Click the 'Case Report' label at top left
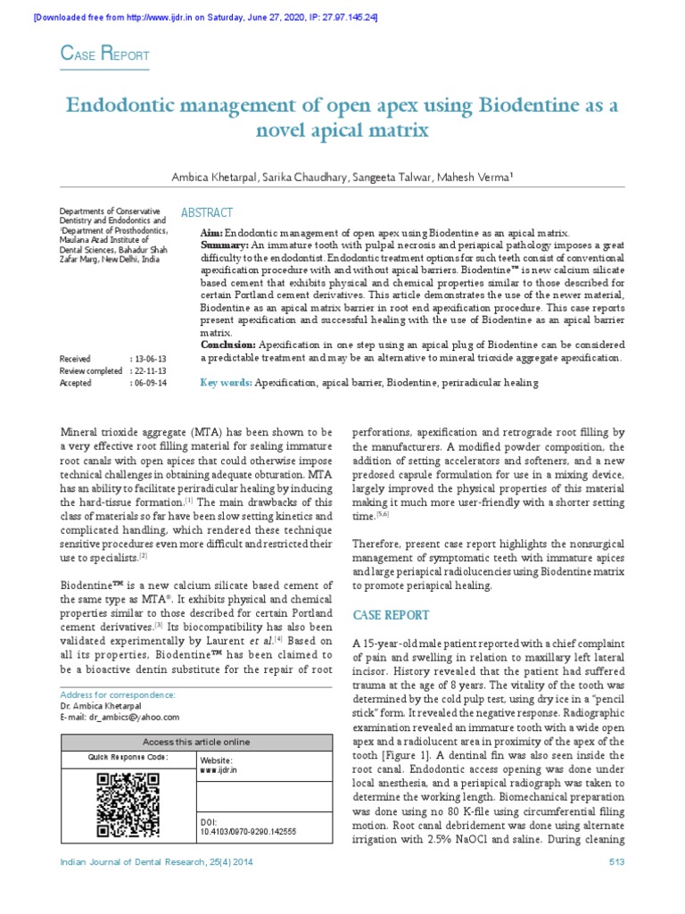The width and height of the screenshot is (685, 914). [103, 55]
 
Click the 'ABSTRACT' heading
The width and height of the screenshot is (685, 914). [207, 212]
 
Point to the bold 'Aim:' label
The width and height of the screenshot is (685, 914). [212, 231]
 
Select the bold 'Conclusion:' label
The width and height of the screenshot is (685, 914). [229, 345]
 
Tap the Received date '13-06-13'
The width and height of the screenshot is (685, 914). [151, 358]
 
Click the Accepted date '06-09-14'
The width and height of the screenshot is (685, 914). [151, 383]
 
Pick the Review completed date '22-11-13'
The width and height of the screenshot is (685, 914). [151, 370]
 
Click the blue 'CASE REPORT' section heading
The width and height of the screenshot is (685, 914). [392, 615]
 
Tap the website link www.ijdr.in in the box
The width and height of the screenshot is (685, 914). [218, 769]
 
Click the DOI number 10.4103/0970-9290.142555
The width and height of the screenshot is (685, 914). [248, 831]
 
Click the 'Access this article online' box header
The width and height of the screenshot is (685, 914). [197, 742]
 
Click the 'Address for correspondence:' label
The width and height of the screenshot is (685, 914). [118, 694]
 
